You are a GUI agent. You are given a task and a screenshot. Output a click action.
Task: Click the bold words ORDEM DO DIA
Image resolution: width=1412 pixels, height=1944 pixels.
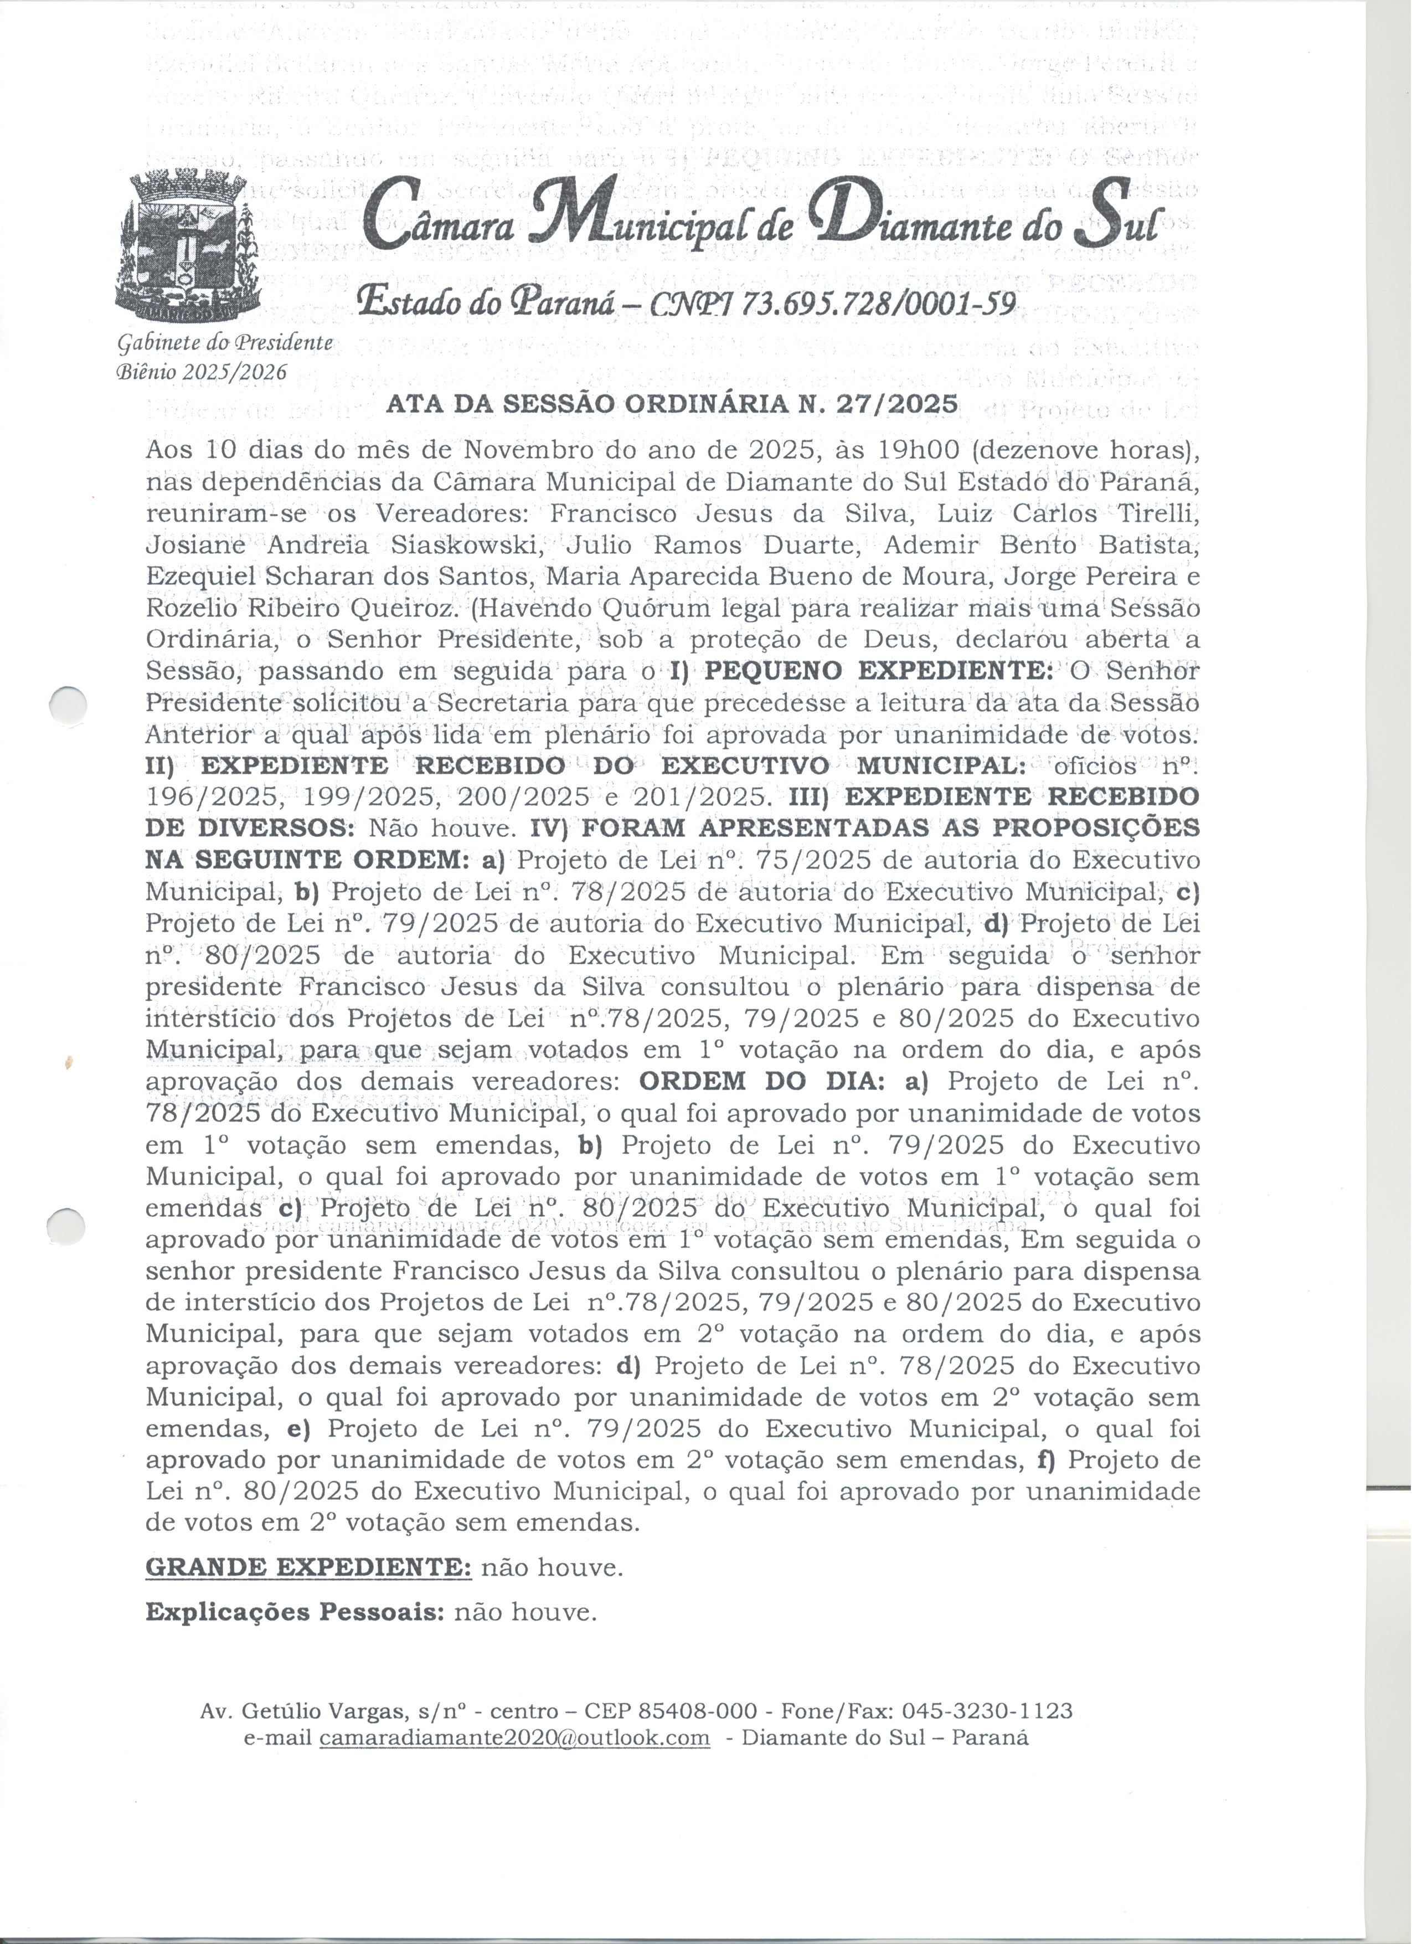tap(762, 1082)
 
